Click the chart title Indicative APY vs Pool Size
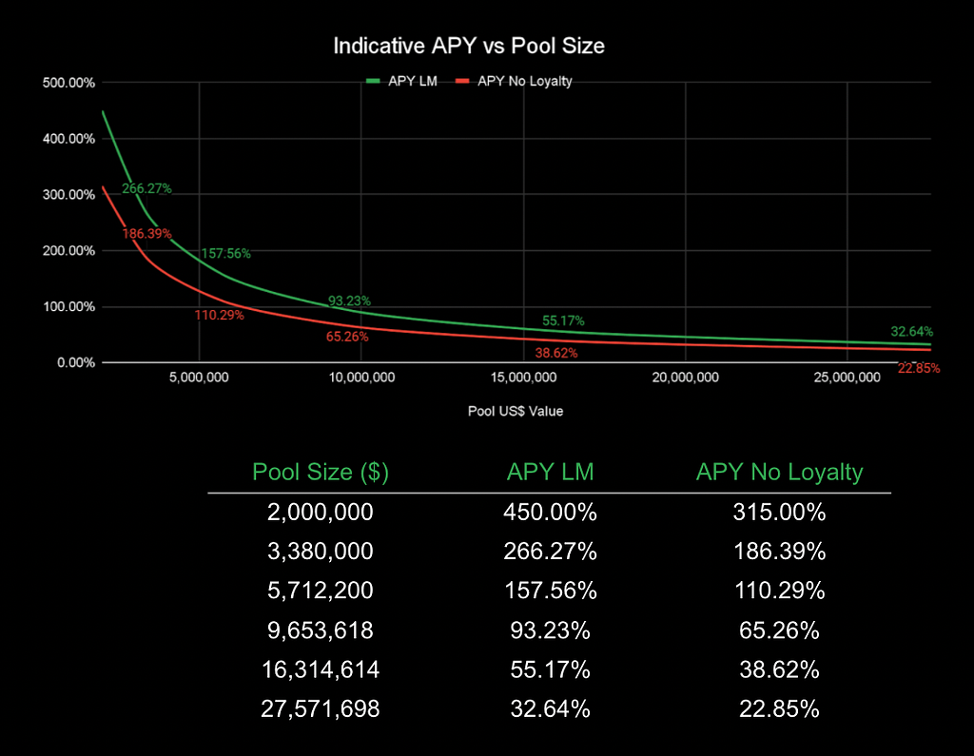pyautogui.click(x=468, y=46)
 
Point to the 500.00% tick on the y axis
pyautogui.click(x=69, y=83)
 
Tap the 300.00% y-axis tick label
pyautogui.click(x=69, y=195)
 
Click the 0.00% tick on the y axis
pyautogui.click(x=75, y=363)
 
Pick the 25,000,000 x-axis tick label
pyautogui.click(x=847, y=378)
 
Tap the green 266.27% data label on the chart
pyautogui.click(x=146, y=188)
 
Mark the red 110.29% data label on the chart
pyautogui.click(x=220, y=315)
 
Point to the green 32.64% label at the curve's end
pyautogui.click(x=911, y=332)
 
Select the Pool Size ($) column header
pyautogui.click(x=321, y=472)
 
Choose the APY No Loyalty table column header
pyautogui.click(x=779, y=472)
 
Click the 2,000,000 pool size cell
pyautogui.click(x=321, y=513)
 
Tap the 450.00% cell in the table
pyautogui.click(x=551, y=513)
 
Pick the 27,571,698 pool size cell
pyautogui.click(x=321, y=708)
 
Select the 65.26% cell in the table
pyautogui.click(x=779, y=630)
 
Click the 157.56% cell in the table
pyautogui.click(x=551, y=591)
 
